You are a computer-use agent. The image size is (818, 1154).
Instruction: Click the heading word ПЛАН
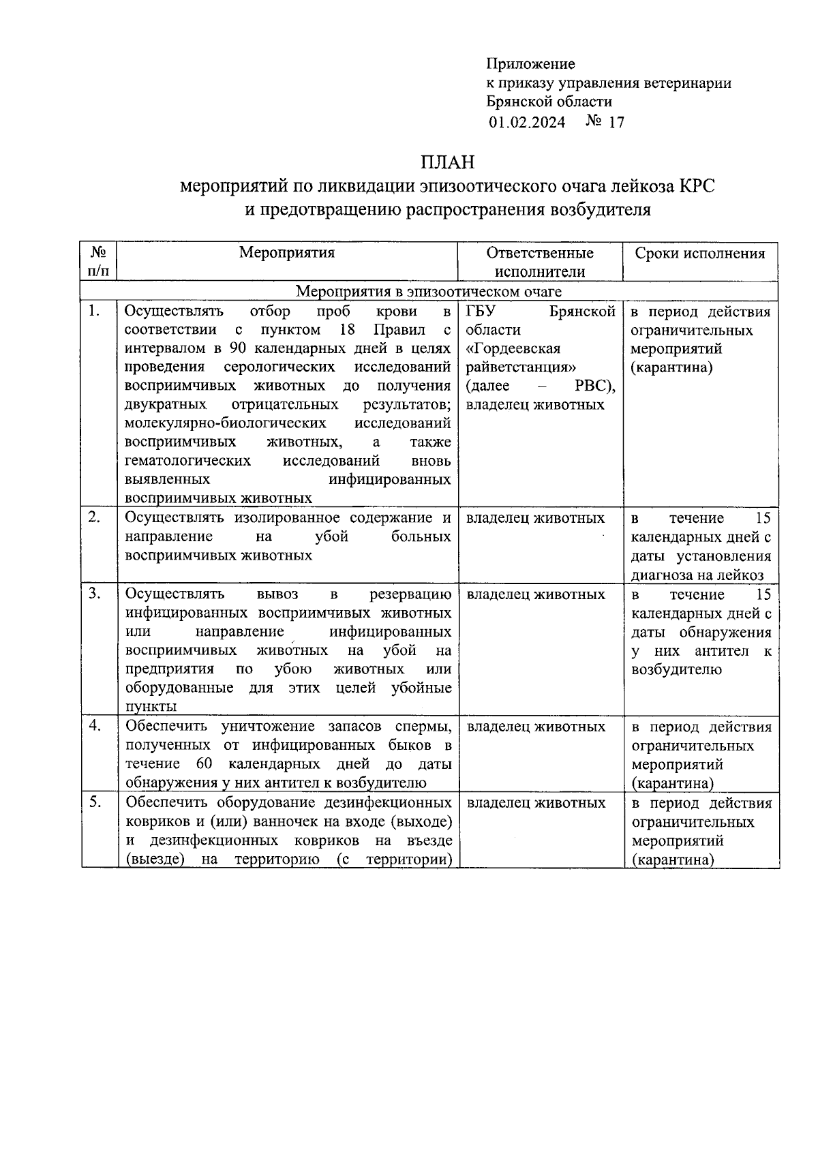446,162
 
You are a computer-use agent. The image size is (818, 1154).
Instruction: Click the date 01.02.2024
526,123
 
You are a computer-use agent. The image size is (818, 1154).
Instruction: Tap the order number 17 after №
616,123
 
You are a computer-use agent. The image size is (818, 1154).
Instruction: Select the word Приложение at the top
530,64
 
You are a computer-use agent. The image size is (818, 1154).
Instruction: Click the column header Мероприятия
286,253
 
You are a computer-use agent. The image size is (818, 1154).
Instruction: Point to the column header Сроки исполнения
700,254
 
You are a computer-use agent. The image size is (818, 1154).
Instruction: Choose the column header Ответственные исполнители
540,262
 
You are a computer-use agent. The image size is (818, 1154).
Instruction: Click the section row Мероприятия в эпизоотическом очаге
429,292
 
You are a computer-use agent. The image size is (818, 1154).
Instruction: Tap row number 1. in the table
94,312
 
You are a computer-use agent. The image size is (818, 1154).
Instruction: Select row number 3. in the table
94,594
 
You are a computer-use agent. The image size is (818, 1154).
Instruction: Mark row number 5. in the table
94,802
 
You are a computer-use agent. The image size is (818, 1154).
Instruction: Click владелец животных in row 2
535,518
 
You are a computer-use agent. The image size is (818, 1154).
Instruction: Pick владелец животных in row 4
536,727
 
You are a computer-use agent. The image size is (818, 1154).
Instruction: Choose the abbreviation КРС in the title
696,185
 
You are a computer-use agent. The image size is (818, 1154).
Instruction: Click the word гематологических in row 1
187,461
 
